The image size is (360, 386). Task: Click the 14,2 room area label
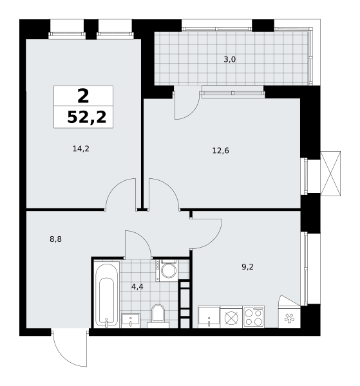(x=81, y=149)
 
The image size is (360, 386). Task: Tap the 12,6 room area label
(x=220, y=151)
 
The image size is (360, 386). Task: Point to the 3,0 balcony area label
(x=230, y=60)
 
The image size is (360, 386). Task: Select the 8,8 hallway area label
(x=55, y=239)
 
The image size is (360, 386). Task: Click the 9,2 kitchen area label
(x=247, y=267)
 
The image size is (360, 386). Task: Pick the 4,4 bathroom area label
(x=137, y=287)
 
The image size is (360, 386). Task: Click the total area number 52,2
(x=87, y=117)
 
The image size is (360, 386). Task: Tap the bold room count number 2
(x=83, y=96)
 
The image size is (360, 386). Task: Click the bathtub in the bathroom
(x=107, y=295)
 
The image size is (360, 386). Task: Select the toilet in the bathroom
(x=158, y=316)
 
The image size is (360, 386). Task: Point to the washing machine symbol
(x=167, y=270)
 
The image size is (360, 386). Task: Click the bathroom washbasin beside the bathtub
(x=131, y=321)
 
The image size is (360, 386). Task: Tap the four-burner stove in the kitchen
(x=254, y=317)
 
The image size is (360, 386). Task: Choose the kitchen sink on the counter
(x=209, y=317)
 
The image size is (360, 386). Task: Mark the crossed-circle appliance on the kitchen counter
(x=231, y=317)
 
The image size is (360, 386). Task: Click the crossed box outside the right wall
(x=330, y=174)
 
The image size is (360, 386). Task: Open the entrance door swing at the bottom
(x=70, y=348)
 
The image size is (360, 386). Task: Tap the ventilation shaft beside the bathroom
(x=185, y=304)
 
